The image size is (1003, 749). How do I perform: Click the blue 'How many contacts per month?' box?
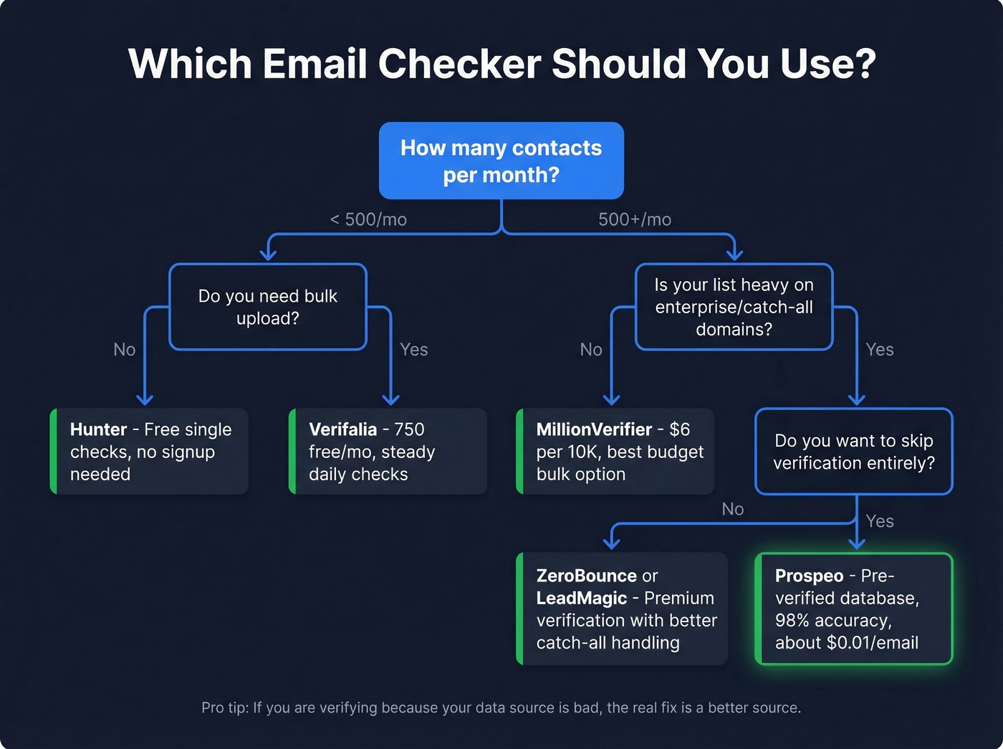click(501, 161)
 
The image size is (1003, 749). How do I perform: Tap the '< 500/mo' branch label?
click(368, 219)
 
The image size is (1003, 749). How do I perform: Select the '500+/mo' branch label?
click(635, 219)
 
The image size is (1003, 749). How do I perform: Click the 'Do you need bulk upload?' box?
click(267, 307)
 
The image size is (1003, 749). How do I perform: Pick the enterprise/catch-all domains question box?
click(734, 307)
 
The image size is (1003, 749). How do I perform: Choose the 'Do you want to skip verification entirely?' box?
click(853, 452)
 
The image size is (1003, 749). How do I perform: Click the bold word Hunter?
click(98, 429)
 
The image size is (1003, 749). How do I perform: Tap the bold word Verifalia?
click(342, 429)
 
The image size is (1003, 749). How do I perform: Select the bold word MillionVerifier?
click(594, 429)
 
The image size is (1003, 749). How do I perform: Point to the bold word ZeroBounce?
click(586, 576)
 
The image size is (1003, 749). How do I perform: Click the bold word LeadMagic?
click(581, 598)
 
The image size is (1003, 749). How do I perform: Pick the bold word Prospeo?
click(809, 576)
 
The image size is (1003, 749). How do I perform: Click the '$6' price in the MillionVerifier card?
click(679, 429)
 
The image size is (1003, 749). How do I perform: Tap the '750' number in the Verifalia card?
click(409, 429)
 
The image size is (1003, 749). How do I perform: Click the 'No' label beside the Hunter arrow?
click(124, 349)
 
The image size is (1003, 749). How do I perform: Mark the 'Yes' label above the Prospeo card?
click(879, 521)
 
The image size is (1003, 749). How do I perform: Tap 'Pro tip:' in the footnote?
click(225, 707)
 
